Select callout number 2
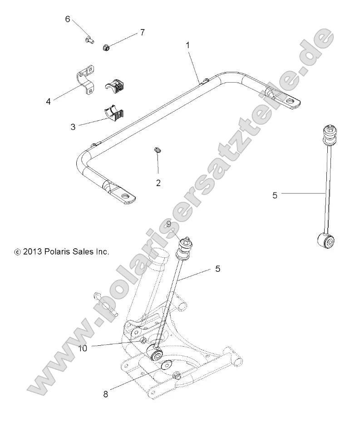(158, 183)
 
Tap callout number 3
(73, 127)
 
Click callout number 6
(68, 19)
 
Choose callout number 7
(142, 32)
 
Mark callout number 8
(105, 394)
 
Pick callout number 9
(168, 224)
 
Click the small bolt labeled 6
(89, 40)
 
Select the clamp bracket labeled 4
(85, 80)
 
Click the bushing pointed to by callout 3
(113, 113)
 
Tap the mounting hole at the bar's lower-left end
(128, 198)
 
